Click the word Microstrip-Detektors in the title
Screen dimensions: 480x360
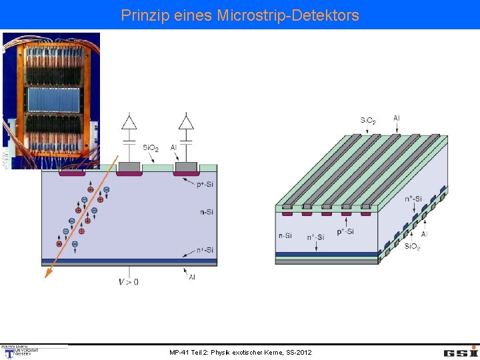[x=287, y=15]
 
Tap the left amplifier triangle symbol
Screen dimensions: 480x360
[x=129, y=122]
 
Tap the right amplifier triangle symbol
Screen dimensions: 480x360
[x=186, y=122]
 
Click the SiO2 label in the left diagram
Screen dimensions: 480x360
[x=151, y=148]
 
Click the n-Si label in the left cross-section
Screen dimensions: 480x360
[x=206, y=212]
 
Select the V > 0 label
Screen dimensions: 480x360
[x=129, y=281]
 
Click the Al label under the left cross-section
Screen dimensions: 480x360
[x=192, y=277]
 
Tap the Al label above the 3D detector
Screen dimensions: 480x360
[x=397, y=119]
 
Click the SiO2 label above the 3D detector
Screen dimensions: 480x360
[x=369, y=121]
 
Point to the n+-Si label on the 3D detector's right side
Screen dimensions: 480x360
[x=413, y=198]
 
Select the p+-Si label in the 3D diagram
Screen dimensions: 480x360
[x=345, y=231]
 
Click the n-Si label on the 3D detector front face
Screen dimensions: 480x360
[x=285, y=235]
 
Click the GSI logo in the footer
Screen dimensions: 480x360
[x=461, y=352]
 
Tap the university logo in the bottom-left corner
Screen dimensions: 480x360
[x=20, y=351]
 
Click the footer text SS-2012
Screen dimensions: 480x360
[x=297, y=352]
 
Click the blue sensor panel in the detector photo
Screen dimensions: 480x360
[x=53, y=100]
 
